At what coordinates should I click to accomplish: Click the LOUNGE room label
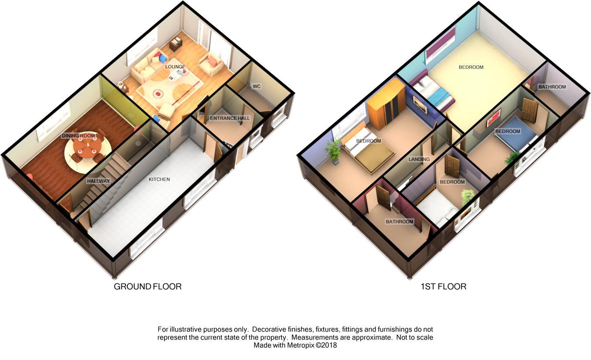175,67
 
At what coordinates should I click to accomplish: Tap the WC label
256,86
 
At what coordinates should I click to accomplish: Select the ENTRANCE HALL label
230,118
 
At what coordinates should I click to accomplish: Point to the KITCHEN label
159,179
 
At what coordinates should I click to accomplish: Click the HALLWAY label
98,181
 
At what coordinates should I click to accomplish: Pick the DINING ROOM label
78,136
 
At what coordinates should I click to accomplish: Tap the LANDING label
419,159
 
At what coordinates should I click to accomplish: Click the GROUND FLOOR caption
147,287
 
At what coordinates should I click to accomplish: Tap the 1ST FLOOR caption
443,287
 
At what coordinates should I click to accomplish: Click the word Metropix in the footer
301,345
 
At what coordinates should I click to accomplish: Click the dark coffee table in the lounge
176,44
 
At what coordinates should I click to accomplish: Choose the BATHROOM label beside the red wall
399,222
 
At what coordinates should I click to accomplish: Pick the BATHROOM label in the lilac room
552,87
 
